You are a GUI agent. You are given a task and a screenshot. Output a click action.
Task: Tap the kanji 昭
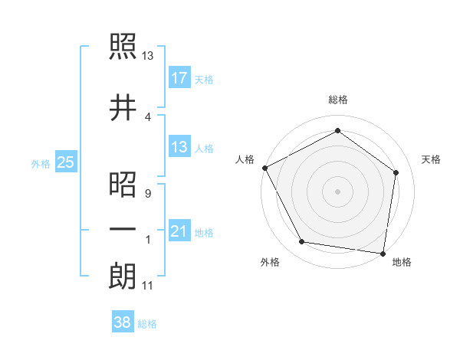click(x=122, y=184)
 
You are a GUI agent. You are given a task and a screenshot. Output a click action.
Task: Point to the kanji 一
click(x=122, y=229)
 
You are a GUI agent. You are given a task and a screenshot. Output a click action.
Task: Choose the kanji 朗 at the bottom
click(x=122, y=276)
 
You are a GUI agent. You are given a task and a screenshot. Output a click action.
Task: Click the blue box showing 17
click(x=179, y=77)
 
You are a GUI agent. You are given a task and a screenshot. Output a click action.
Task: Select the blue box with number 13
click(x=179, y=147)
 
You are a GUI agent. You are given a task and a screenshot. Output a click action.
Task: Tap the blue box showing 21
click(x=179, y=231)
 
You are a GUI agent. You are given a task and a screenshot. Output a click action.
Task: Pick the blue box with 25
click(x=65, y=162)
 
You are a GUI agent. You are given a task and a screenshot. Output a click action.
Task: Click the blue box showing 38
click(x=123, y=323)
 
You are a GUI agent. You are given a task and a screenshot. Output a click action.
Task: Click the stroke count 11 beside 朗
click(x=147, y=286)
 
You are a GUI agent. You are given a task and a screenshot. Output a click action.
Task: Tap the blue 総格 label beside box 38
click(x=147, y=324)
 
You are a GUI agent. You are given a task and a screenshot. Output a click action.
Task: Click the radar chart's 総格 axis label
click(x=337, y=100)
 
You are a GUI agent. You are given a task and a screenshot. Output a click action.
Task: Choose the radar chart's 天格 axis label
click(x=432, y=159)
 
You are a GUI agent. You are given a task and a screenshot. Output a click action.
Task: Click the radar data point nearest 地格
click(x=383, y=253)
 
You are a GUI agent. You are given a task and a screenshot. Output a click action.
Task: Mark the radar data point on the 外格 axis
click(x=302, y=242)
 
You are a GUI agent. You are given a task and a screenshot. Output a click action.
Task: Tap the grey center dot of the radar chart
click(x=337, y=191)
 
